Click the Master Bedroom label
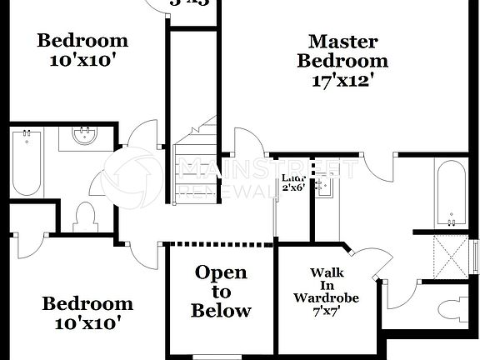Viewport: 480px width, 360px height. [x=342, y=51]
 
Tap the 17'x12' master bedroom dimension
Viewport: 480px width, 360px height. [x=342, y=81]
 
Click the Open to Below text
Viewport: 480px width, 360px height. [x=221, y=292]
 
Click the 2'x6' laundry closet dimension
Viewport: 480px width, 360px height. [x=293, y=187]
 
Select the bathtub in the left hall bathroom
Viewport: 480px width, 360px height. [x=27, y=162]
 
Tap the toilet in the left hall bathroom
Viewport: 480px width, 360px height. [x=86, y=217]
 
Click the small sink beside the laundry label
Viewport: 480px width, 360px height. [x=326, y=188]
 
